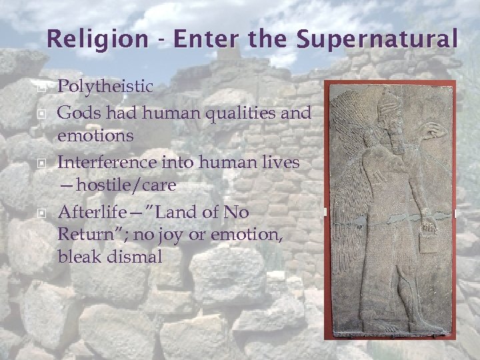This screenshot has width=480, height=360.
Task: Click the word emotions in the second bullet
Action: [x=95, y=135]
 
